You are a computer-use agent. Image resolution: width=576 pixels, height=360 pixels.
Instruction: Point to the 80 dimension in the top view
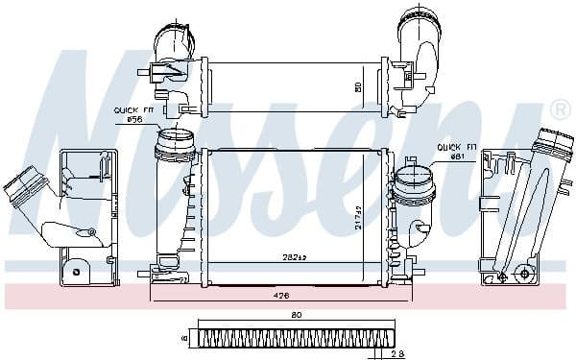click(x=358, y=87)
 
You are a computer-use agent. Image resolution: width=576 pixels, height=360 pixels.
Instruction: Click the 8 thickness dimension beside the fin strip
click(x=182, y=338)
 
